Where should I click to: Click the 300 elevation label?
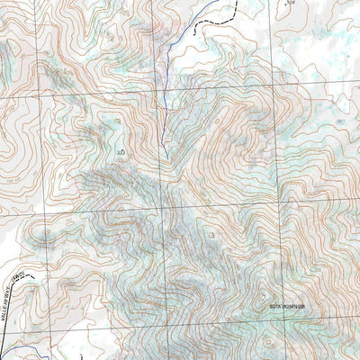pyautogui.click(x=120, y=153)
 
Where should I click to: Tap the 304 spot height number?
pyautogui.click(x=290, y=4)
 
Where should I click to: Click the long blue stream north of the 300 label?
pyautogui.click(x=167, y=81)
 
